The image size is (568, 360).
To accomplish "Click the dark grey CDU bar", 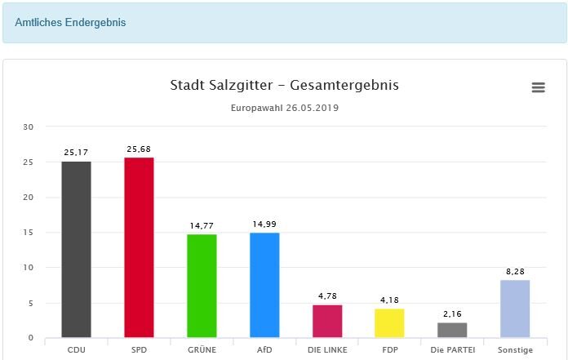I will [x=76, y=249].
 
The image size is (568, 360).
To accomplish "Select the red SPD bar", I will [x=139, y=247].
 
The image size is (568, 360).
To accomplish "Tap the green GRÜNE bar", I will [x=202, y=286].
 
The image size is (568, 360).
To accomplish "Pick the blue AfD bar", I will [x=264, y=285].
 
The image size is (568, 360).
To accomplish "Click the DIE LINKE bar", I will [x=327, y=321].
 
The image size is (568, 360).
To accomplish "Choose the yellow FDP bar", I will [x=389, y=323].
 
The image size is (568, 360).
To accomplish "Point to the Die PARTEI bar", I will [x=452, y=330].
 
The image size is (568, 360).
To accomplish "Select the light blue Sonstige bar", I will [x=515, y=309].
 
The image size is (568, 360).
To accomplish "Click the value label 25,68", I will [x=139, y=149].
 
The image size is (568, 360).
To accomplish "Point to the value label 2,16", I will [x=452, y=314].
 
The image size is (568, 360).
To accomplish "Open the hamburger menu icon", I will [x=538, y=87].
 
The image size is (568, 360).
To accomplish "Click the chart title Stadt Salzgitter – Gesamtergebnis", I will [x=284, y=86].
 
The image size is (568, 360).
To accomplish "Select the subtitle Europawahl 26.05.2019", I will [x=284, y=108].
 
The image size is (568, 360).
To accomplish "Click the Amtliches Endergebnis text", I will [x=70, y=22].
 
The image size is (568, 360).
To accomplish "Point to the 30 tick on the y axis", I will [x=29, y=127].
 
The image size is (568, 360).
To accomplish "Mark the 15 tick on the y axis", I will [x=29, y=232].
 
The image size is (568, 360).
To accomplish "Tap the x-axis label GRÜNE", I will [x=202, y=350].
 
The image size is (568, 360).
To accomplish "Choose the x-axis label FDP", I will [x=389, y=350].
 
